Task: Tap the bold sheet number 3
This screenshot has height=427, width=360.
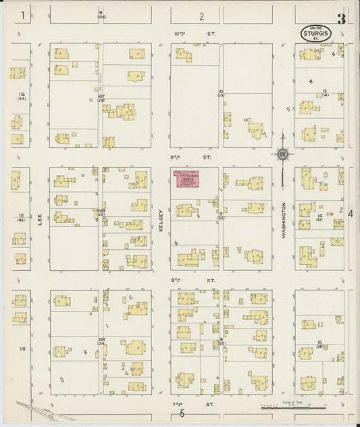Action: point(341,19)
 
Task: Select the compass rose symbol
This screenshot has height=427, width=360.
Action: point(282,154)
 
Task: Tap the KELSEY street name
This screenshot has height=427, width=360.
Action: point(161,220)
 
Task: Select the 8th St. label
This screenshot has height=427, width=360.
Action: point(187,280)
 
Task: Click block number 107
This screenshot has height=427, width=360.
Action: point(101,98)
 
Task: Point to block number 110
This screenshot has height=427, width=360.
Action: point(22,349)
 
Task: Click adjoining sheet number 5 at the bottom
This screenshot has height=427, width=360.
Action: point(182,413)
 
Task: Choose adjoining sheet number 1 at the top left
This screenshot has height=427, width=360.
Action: point(23,14)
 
